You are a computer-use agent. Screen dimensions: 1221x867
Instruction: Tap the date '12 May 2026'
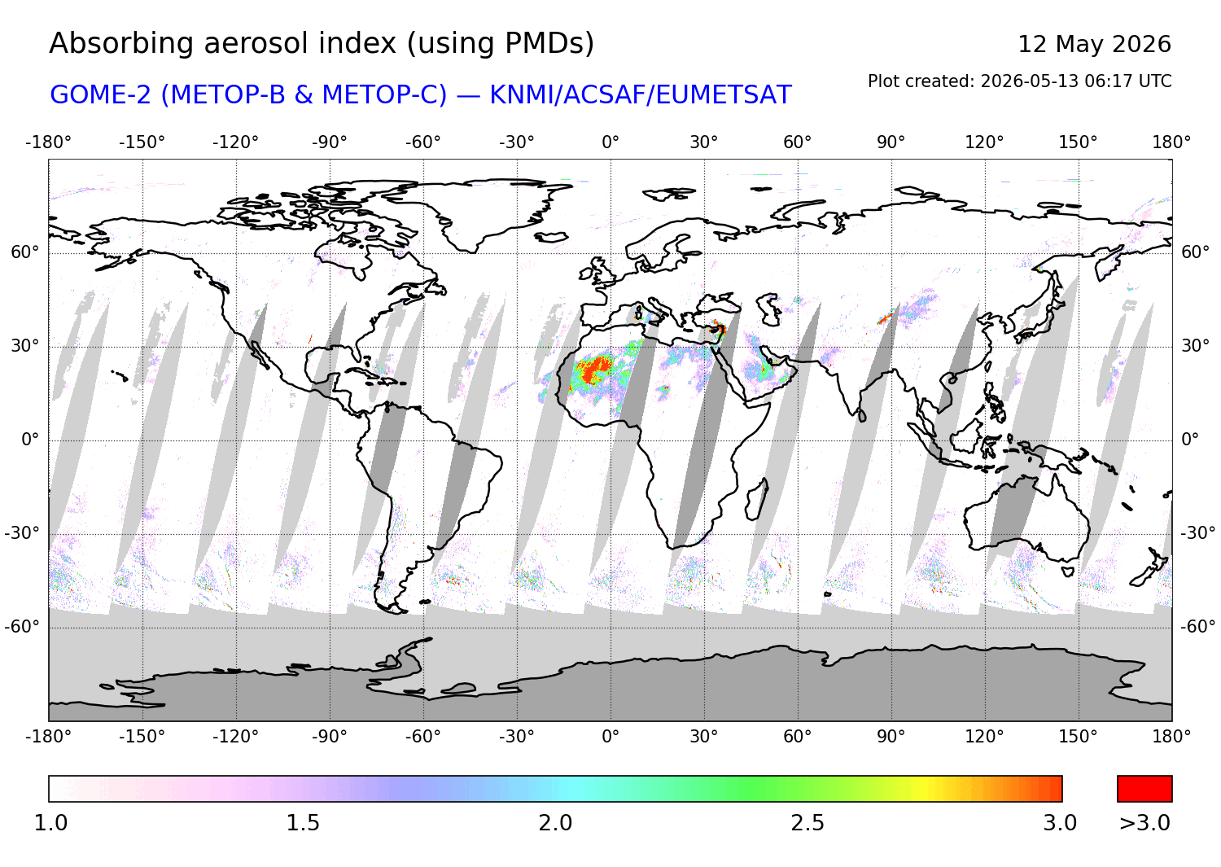point(1095,44)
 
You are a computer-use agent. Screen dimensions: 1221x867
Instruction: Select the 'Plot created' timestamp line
point(1019,81)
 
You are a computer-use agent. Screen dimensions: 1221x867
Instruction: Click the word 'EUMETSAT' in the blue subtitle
point(724,95)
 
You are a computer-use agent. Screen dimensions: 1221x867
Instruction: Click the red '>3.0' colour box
point(1144,789)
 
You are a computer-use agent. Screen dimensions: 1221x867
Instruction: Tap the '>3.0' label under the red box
point(1144,823)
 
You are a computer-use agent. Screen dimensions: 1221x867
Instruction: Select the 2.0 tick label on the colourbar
point(555,823)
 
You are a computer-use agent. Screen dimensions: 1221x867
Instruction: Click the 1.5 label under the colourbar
point(303,823)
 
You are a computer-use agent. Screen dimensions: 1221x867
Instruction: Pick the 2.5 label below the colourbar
point(807,823)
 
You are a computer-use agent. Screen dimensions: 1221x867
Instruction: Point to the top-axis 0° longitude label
point(610,142)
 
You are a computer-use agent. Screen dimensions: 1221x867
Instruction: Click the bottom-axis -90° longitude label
point(329,737)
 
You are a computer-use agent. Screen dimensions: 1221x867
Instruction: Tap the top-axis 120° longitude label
point(984,142)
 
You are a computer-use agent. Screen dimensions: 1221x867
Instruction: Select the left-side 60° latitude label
point(25,252)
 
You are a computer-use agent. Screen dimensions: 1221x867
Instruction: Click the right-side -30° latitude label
point(1198,532)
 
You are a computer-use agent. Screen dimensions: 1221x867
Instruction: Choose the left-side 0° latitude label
point(31,440)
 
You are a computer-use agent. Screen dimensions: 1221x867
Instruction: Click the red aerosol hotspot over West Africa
point(595,369)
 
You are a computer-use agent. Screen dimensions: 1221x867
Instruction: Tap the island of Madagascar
point(756,500)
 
